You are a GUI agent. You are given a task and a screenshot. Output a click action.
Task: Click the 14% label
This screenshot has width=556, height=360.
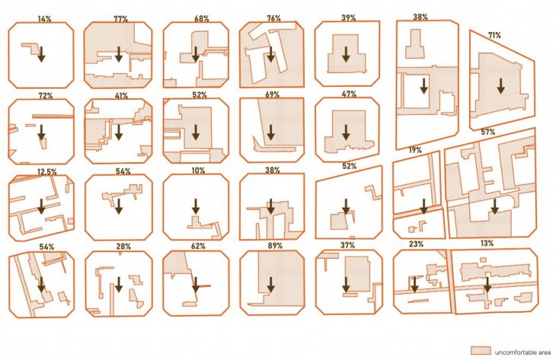[44, 19]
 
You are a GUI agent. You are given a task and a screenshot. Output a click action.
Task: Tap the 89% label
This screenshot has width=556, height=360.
[275, 246]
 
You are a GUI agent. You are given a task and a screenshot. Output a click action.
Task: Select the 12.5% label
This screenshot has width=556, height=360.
[47, 172]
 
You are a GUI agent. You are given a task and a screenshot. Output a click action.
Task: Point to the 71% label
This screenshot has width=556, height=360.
[494, 36]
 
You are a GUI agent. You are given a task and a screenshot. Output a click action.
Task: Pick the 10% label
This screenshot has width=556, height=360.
[198, 170]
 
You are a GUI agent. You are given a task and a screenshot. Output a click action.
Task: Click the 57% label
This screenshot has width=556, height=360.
[488, 132]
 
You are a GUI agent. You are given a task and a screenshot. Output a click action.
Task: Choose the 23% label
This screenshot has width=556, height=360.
[416, 244]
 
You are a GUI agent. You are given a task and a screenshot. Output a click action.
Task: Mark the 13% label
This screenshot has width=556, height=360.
[487, 244]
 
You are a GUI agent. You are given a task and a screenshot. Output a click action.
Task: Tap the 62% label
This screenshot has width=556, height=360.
[198, 246]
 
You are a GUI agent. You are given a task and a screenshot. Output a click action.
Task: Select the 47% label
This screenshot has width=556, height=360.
[349, 94]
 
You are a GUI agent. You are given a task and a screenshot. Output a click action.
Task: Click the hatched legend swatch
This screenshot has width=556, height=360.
[481, 350]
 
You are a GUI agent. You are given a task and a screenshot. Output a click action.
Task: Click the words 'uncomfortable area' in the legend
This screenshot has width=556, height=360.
[522, 352]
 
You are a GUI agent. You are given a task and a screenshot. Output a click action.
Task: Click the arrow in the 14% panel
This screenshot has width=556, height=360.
[41, 54]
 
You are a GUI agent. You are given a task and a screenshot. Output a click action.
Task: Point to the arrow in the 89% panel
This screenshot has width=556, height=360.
[271, 285]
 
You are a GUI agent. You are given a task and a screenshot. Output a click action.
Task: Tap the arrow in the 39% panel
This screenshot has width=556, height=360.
[346, 54]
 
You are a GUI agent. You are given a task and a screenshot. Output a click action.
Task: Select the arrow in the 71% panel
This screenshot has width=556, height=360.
[500, 86]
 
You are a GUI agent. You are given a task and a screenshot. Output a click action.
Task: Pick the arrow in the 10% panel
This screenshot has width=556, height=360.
[196, 206]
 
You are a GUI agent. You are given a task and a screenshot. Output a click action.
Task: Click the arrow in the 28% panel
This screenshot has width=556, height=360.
[119, 285]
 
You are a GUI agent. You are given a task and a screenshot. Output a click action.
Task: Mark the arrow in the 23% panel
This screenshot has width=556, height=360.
[414, 285]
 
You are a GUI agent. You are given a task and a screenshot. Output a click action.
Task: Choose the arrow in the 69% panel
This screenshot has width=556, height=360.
[271, 132]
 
